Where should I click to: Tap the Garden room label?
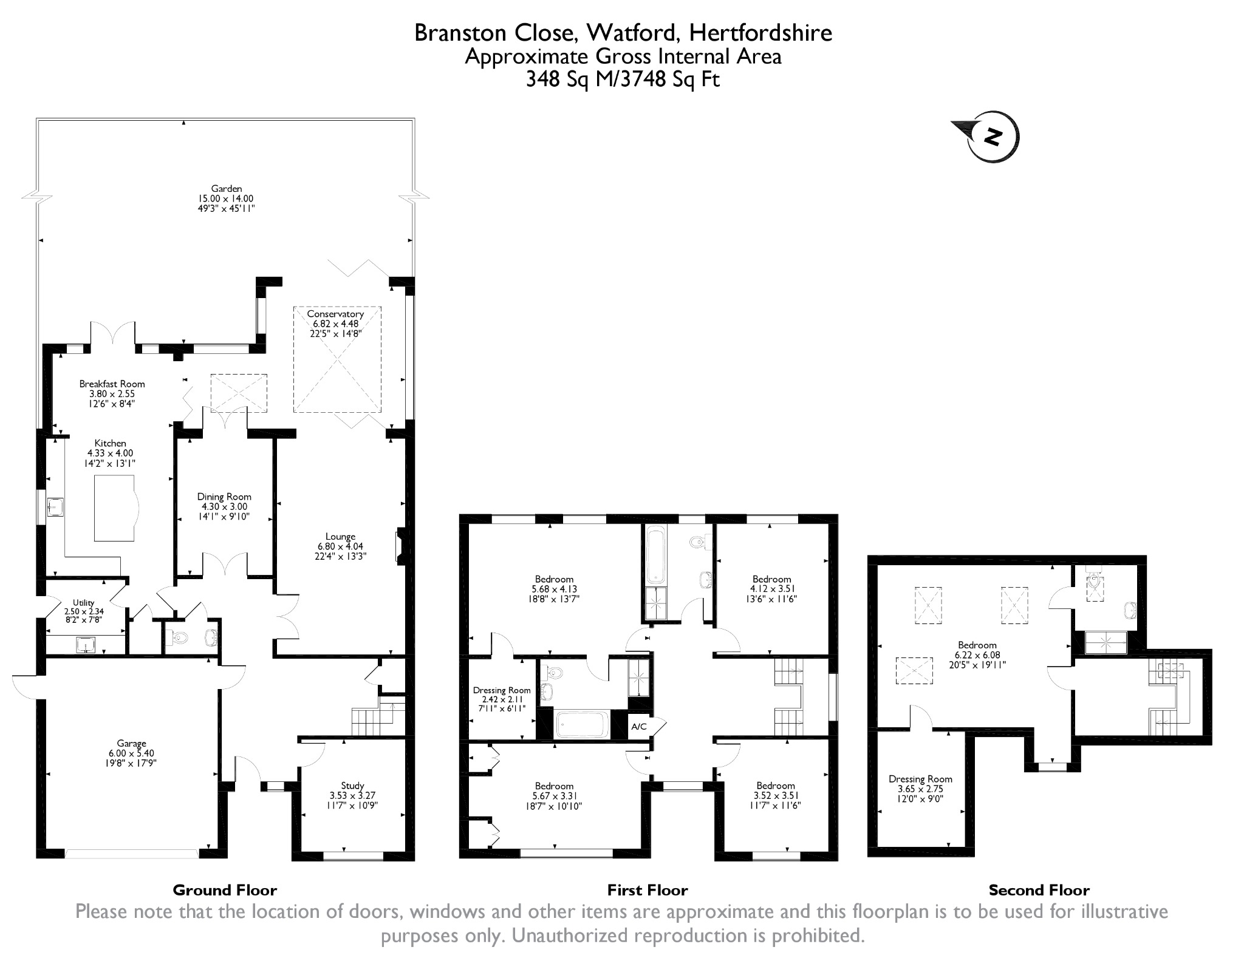[227, 199]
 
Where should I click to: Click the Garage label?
[132, 753]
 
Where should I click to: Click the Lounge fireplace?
[401, 547]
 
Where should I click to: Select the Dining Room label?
[224, 506]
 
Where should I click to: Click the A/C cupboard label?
[639, 726]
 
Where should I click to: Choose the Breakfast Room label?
[112, 393]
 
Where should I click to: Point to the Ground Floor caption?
[225, 890]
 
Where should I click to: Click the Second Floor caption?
[1039, 890]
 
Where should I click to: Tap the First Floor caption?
[647, 890]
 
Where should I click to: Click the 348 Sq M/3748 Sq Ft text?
[623, 80]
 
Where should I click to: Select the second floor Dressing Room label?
[920, 789]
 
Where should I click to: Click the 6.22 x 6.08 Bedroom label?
[977, 654]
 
